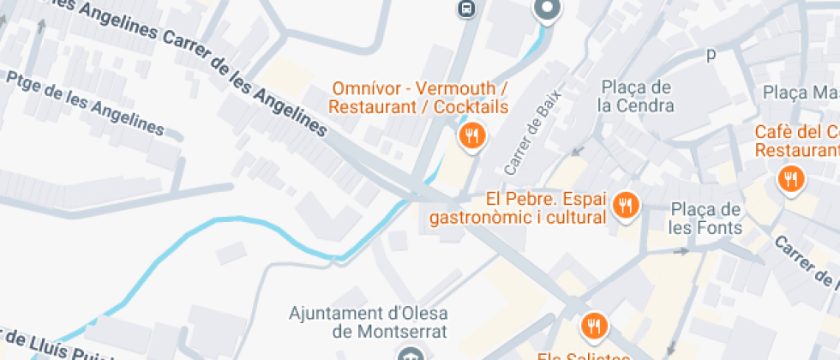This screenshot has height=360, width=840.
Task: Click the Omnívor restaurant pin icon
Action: click(471, 135)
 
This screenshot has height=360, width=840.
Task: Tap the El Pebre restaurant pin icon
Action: click(627, 205)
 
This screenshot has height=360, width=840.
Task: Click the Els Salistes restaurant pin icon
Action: click(593, 326)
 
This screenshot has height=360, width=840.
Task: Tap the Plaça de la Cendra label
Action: click(637, 96)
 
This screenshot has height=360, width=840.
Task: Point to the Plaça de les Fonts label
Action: click(705, 219)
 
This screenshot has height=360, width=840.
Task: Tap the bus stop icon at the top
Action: click(465, 9)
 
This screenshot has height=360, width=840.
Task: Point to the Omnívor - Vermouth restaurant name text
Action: click(419, 98)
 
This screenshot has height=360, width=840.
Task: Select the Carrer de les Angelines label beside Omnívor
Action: click(244, 76)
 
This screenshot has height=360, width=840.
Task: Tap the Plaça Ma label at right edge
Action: click(801, 92)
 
